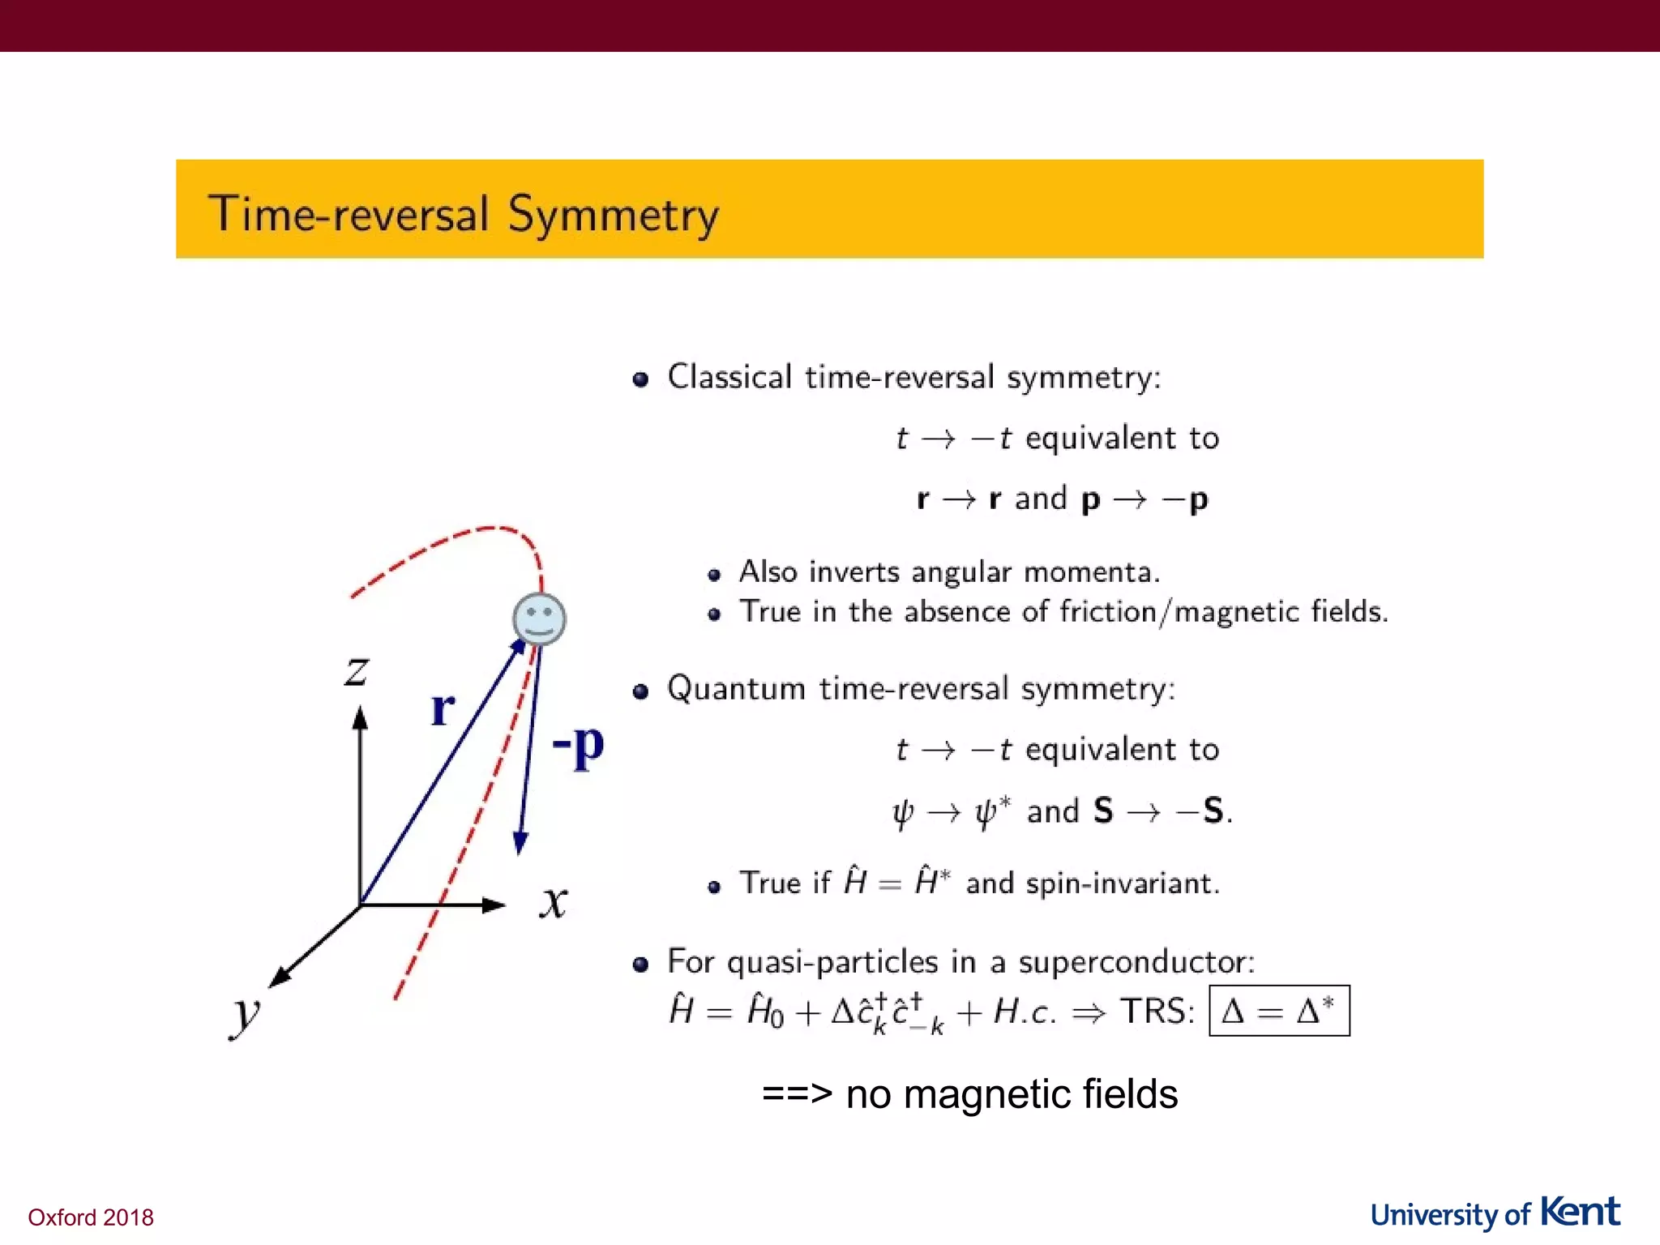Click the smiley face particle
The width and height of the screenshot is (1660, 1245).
pos(539,619)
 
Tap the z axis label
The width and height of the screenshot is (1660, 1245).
pos(357,672)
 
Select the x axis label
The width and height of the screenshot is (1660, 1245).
pos(554,901)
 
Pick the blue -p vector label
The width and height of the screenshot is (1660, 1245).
pos(578,744)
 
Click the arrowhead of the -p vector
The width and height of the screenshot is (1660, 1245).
pos(520,845)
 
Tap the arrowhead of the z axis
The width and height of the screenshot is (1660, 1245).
pos(361,717)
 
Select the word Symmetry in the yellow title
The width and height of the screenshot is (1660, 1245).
pos(613,216)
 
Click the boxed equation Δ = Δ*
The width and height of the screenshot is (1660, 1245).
pos(1278,1011)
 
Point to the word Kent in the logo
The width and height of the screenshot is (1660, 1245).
pos(1580,1212)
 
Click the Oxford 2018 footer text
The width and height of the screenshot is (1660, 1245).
pos(91,1217)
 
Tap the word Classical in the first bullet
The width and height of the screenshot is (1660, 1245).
pos(729,378)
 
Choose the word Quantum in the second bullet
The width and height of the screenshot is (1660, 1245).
pos(736,689)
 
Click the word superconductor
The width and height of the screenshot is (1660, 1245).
pos(1136,962)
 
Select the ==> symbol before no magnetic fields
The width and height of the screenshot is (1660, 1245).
pos(797,1093)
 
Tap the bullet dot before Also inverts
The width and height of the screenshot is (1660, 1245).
pos(714,575)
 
